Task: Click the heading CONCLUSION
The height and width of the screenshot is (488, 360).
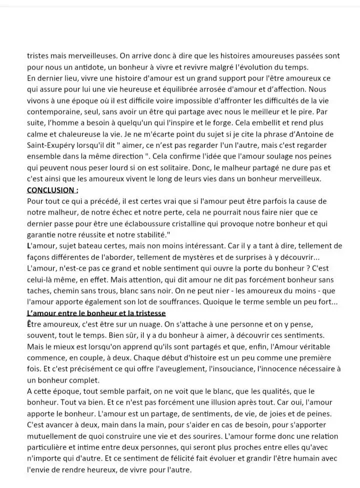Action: pos(52,190)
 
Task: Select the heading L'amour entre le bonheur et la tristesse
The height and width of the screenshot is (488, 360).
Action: pos(96,313)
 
